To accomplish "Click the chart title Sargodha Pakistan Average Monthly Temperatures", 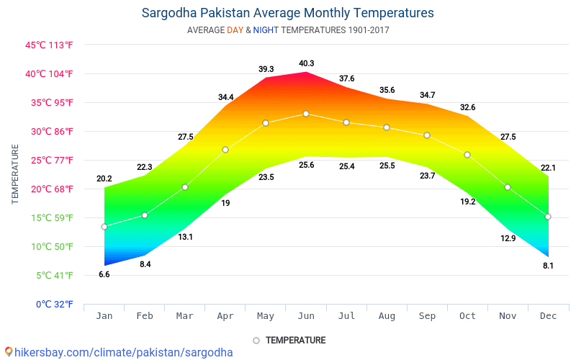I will click(x=288, y=13).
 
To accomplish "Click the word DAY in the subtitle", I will click(x=235, y=30).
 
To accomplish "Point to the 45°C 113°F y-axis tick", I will click(x=50, y=45).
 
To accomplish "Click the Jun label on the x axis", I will click(x=306, y=315).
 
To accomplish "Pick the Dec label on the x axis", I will click(x=548, y=315).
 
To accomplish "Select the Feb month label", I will click(x=145, y=315).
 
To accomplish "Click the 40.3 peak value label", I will click(x=306, y=63).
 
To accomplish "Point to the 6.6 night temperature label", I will click(x=104, y=274).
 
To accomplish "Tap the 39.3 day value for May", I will click(x=266, y=69).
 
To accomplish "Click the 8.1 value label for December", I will click(x=548, y=266).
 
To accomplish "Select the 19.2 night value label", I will click(x=467, y=202).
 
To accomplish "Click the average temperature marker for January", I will click(x=104, y=227).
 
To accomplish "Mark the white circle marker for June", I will click(x=306, y=114).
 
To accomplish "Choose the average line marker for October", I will click(x=467, y=155).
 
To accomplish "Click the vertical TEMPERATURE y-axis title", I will click(x=15, y=174).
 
